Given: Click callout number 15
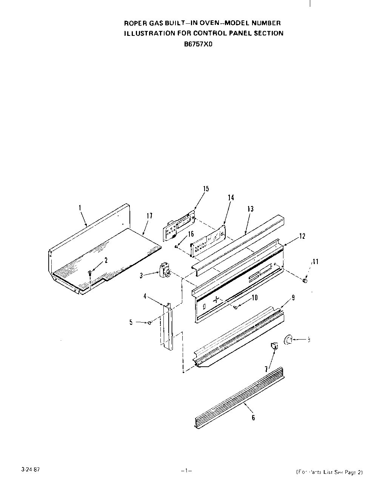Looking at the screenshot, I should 206,189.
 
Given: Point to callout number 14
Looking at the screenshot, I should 231,198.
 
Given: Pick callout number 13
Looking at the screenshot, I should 250,209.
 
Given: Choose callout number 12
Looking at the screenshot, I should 302,236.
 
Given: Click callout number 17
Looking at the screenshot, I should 149,216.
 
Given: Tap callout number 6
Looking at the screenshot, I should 253,418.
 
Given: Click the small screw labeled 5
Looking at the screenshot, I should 150,323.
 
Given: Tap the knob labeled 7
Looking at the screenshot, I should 274,345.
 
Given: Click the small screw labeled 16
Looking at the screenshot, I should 177,246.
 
